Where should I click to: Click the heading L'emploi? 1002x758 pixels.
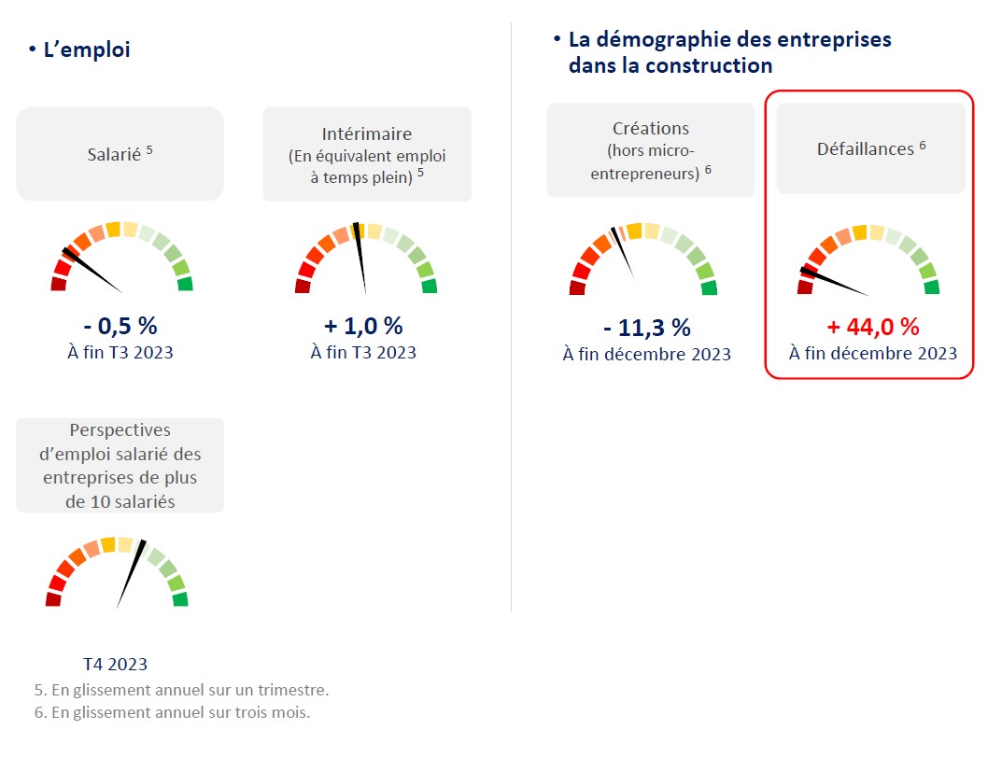click(87, 50)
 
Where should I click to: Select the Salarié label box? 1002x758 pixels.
click(120, 153)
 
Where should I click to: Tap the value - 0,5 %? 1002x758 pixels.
click(120, 326)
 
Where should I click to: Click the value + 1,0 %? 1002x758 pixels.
click(363, 326)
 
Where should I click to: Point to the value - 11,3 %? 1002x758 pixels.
click(646, 328)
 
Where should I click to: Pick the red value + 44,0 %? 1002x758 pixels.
click(872, 327)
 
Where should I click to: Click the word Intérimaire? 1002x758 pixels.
click(366, 134)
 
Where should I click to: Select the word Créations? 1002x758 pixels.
click(650, 129)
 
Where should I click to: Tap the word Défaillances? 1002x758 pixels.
click(866, 148)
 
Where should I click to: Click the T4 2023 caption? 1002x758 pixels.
click(116, 665)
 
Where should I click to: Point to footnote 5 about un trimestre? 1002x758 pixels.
click(181, 691)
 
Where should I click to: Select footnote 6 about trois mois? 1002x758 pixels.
click(172, 712)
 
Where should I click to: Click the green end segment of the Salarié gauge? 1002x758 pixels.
click(185, 284)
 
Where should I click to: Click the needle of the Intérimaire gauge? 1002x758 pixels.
click(360, 256)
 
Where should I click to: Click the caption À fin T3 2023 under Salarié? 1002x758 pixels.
click(120, 352)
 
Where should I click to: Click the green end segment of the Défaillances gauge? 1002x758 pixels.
click(931, 287)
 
